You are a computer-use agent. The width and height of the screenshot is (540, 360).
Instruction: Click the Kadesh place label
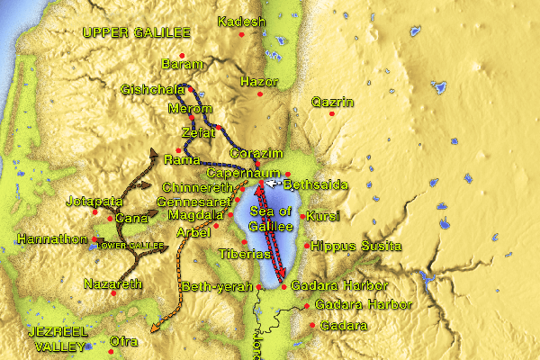click(242, 22)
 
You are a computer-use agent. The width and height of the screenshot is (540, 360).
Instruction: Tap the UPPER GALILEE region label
click(137, 33)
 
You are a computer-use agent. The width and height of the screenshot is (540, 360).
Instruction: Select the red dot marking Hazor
click(260, 94)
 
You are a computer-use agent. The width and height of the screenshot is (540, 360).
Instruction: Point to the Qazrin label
click(333, 102)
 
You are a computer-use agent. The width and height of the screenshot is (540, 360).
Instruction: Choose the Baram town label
click(178, 64)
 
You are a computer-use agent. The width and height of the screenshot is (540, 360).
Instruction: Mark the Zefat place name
click(198, 132)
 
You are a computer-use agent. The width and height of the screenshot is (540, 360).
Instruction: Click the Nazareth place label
click(113, 283)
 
